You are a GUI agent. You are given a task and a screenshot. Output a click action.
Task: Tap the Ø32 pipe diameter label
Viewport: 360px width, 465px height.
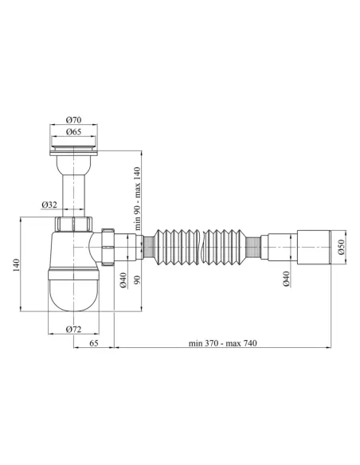coord(49,205)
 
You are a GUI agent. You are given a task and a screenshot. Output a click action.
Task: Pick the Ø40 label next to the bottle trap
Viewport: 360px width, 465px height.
coord(123,279)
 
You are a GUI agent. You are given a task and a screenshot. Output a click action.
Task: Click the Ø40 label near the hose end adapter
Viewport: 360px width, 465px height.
coord(285,279)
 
